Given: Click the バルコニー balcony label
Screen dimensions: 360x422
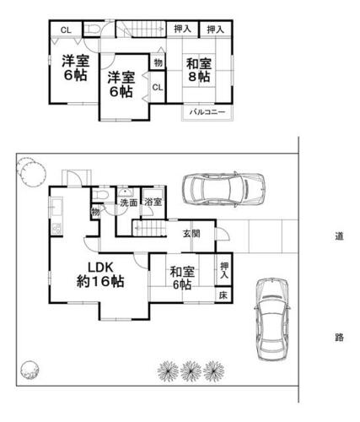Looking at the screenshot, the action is point(207,112).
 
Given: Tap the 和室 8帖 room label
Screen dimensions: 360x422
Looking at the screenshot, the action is point(199,70).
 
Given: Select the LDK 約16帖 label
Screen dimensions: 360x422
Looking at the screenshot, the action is point(100,274).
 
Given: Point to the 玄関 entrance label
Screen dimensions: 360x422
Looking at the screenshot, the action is point(191,233).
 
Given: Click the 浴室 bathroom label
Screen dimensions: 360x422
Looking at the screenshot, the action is point(153,202).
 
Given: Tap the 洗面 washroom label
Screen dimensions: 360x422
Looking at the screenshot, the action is point(128,203).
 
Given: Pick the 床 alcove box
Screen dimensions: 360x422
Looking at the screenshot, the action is point(223,295).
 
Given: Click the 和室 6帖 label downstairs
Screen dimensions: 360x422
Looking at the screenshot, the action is point(182,279).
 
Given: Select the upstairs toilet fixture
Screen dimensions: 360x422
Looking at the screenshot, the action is point(92,30).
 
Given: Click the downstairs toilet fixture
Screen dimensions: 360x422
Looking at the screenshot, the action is point(100,195).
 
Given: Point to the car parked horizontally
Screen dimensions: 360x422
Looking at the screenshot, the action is point(223,190).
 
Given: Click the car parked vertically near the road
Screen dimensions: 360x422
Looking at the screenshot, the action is point(272,319).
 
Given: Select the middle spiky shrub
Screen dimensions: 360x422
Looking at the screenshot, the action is point(191,371).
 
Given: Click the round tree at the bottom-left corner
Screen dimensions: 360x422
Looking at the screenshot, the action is point(30,371).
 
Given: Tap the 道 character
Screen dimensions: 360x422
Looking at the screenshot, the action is point(339,235).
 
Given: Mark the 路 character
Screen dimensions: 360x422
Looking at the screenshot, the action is point(339,337).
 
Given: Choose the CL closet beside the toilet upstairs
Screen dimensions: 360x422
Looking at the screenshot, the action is point(66,30).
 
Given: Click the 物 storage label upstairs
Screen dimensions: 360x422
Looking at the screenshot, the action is point(159,62).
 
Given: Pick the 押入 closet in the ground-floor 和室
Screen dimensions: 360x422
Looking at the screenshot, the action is point(224,270).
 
